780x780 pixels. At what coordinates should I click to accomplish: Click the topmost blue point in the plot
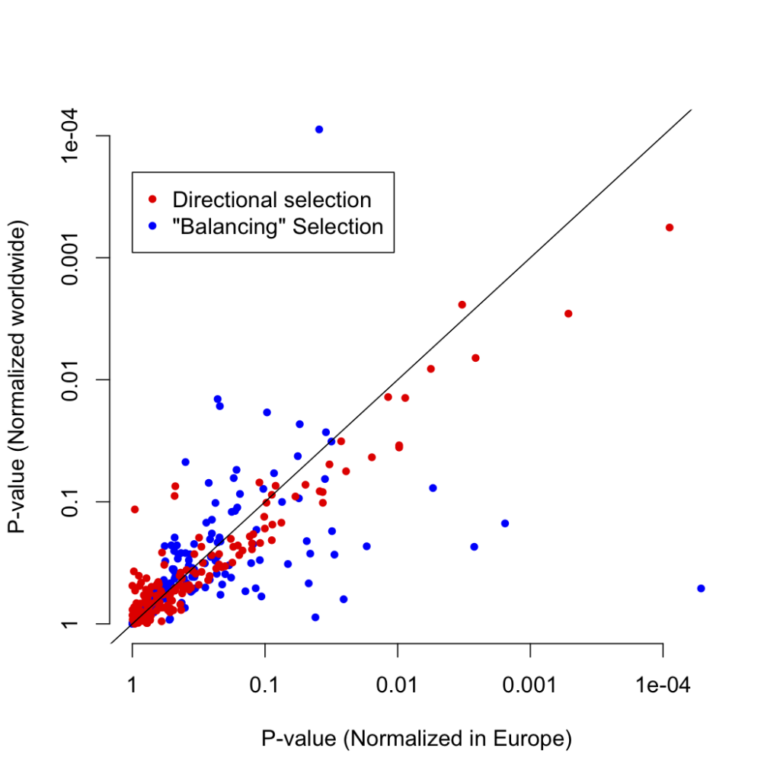[x=319, y=129]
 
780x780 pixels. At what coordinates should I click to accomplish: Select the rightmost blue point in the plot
[x=701, y=588]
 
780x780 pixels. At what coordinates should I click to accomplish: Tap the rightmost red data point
[x=670, y=228]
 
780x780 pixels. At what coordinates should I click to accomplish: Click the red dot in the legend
[x=152, y=200]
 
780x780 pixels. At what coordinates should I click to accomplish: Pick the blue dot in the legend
[x=152, y=226]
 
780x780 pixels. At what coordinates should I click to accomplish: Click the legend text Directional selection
[x=272, y=200]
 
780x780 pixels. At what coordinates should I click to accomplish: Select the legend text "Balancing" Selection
[x=278, y=226]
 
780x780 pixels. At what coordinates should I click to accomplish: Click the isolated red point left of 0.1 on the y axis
[x=135, y=509]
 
